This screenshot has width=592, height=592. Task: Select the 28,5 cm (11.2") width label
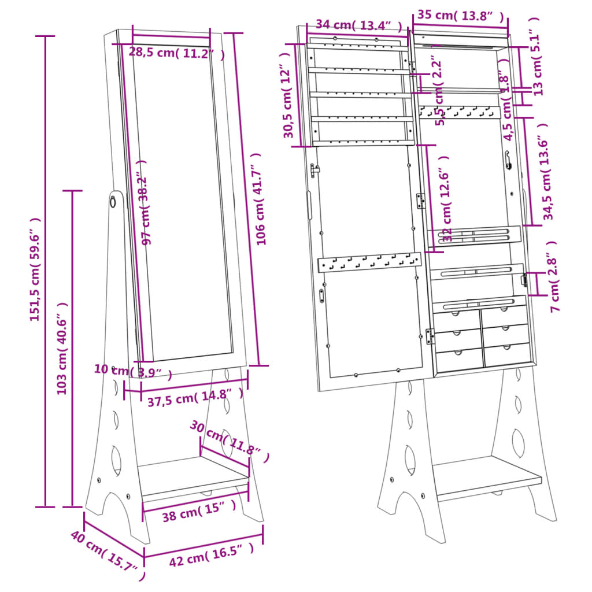coord(176,53)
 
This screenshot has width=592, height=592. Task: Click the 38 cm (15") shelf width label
coord(199,510)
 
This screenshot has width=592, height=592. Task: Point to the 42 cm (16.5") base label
coord(211,556)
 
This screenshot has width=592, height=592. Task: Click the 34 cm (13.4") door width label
coord(358,25)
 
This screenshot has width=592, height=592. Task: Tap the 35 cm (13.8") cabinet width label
coord(460,16)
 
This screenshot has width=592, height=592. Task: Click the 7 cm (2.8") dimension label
coord(553,277)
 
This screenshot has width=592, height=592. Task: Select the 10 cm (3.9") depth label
coord(133,372)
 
